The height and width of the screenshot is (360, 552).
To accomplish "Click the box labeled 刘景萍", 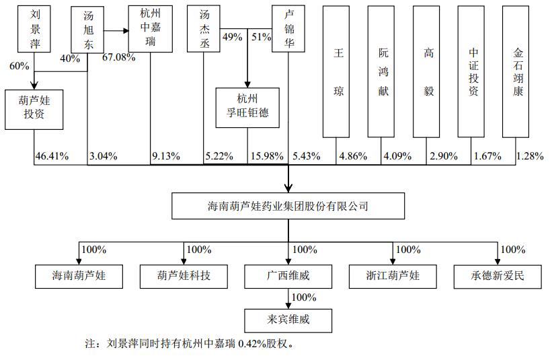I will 34,28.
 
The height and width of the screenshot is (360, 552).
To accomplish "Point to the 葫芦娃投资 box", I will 34,109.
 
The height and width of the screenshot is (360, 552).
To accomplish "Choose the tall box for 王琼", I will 338,71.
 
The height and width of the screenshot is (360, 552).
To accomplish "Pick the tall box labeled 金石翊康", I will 518,71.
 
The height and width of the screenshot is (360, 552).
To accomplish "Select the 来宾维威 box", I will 288,318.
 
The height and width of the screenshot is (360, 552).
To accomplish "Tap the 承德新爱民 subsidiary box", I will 498,275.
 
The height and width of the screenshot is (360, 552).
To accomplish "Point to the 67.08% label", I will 118,57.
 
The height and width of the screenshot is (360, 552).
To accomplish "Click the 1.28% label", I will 530,156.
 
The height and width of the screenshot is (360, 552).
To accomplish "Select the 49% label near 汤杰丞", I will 232,37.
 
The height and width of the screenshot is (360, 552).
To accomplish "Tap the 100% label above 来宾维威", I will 305,297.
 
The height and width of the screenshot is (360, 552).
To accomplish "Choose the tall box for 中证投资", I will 473,71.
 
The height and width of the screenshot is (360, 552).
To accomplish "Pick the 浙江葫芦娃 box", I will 393,275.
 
